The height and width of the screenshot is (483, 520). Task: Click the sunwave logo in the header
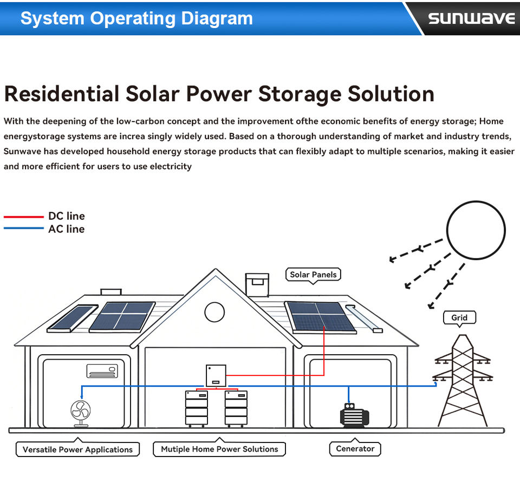point(471,18)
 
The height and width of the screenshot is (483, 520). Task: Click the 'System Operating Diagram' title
point(136,18)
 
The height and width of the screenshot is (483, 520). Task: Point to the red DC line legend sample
point(23,216)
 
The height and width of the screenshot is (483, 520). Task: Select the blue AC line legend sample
point(23,229)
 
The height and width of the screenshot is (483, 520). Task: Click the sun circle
point(476,230)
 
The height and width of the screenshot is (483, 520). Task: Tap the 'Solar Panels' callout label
point(313,275)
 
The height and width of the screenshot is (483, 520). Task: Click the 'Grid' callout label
point(459,317)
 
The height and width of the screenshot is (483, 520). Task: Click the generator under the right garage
point(354,415)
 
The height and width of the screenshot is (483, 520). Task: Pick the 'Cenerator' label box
point(355,449)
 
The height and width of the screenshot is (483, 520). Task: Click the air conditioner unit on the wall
point(102,370)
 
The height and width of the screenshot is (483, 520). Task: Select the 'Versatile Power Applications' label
point(77,449)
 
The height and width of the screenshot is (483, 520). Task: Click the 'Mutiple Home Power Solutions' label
point(219,449)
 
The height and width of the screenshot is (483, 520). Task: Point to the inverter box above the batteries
point(216,375)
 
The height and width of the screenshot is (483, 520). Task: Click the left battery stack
point(196,408)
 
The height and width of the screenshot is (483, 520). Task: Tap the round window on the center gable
point(214,312)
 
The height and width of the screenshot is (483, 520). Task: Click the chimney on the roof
point(257,284)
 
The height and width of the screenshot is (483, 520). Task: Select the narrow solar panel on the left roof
point(72,319)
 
